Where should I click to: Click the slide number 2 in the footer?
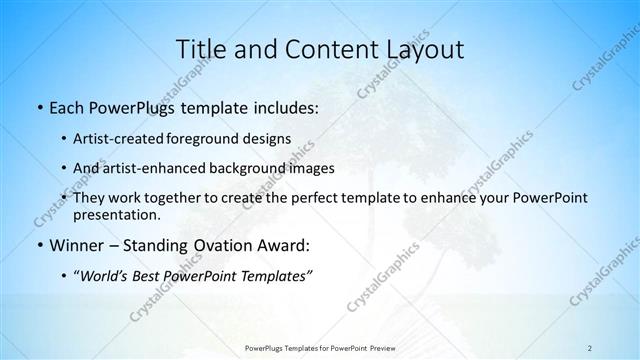pos(589,348)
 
